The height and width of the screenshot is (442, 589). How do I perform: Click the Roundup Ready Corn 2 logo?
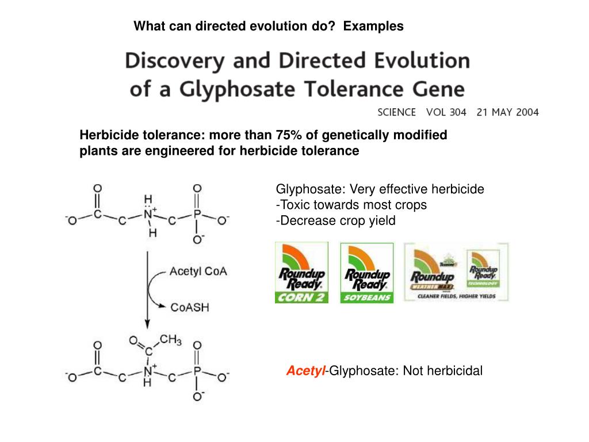[301, 272]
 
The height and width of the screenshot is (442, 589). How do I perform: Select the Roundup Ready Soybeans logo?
[367, 272]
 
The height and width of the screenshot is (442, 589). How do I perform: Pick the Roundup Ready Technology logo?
[483, 268]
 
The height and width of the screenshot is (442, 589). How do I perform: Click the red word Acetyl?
[306, 371]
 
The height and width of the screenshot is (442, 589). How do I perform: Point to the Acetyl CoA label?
[198, 272]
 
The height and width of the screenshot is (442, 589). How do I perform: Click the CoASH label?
[190, 307]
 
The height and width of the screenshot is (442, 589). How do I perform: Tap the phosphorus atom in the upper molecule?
[197, 215]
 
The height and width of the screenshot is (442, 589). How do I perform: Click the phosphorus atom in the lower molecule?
[197, 371]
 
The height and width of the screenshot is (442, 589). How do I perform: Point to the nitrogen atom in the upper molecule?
[148, 215]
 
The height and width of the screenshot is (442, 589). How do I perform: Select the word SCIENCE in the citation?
[396, 112]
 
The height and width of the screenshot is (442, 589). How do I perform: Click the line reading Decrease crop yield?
[336, 220]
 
